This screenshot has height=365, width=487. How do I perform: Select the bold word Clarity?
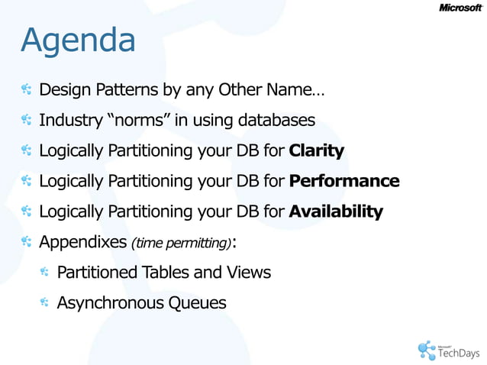point(317,150)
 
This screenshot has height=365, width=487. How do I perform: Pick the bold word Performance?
point(344,181)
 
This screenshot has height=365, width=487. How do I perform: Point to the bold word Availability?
point(336,212)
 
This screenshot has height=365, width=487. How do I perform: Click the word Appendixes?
point(83,242)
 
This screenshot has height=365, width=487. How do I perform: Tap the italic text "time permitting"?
point(182,244)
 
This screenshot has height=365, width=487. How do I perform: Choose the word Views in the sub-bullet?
point(248,272)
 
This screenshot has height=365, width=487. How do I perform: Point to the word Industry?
point(66,120)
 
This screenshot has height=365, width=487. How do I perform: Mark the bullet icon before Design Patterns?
point(26,90)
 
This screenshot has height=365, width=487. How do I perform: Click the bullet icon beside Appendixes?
point(26,242)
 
